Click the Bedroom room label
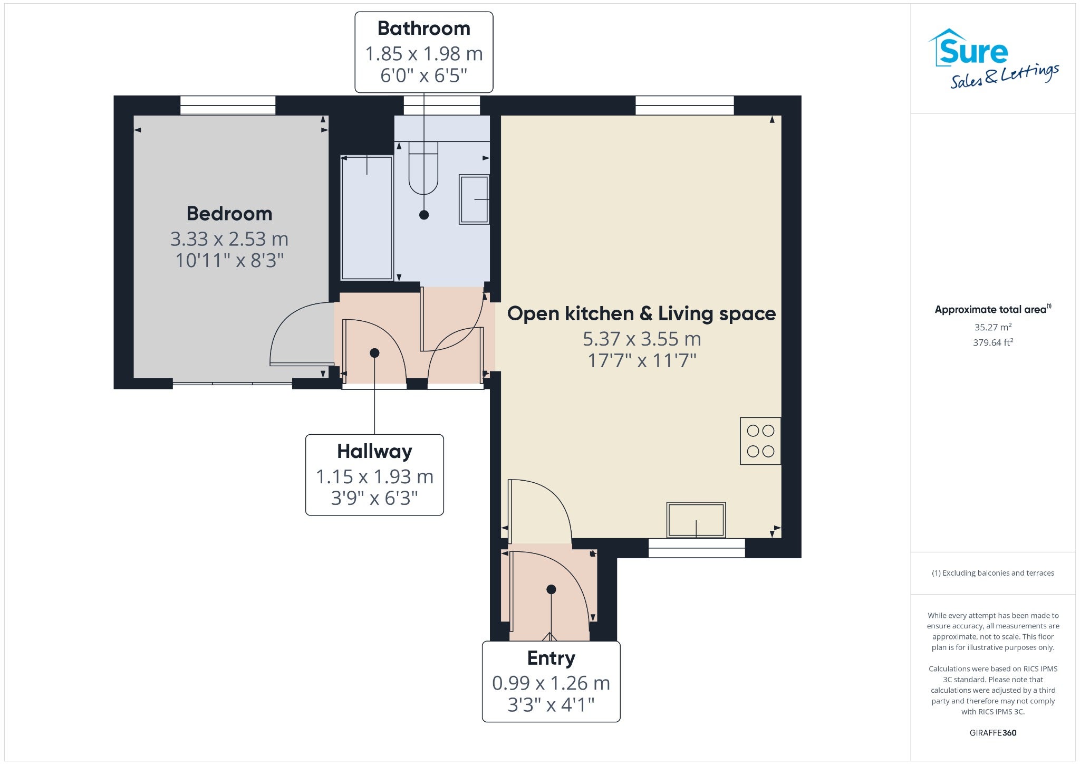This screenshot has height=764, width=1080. (x=229, y=214)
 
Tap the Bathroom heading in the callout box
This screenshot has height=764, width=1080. (x=424, y=28)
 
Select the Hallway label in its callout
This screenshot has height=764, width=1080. (x=374, y=452)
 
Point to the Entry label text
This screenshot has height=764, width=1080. (x=551, y=658)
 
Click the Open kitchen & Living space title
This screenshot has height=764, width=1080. (x=641, y=314)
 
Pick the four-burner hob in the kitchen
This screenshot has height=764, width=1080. (x=760, y=441)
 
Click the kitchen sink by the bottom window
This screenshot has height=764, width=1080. (x=696, y=520)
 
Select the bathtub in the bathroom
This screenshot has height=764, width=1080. (x=367, y=217)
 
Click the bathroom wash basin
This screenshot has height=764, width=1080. (x=474, y=199)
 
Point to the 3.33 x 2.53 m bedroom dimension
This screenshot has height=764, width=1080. (x=229, y=239)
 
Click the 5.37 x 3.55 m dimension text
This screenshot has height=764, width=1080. (x=642, y=339)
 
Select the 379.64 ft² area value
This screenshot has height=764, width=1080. (x=993, y=342)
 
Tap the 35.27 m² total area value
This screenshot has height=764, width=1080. (x=993, y=327)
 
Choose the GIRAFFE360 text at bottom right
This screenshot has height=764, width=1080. (x=993, y=733)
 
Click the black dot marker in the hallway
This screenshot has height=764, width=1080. (x=374, y=353)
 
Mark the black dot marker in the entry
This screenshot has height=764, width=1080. (x=551, y=589)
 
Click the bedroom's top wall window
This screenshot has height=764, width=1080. (x=228, y=105)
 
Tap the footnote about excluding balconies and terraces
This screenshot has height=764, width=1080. (x=993, y=573)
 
